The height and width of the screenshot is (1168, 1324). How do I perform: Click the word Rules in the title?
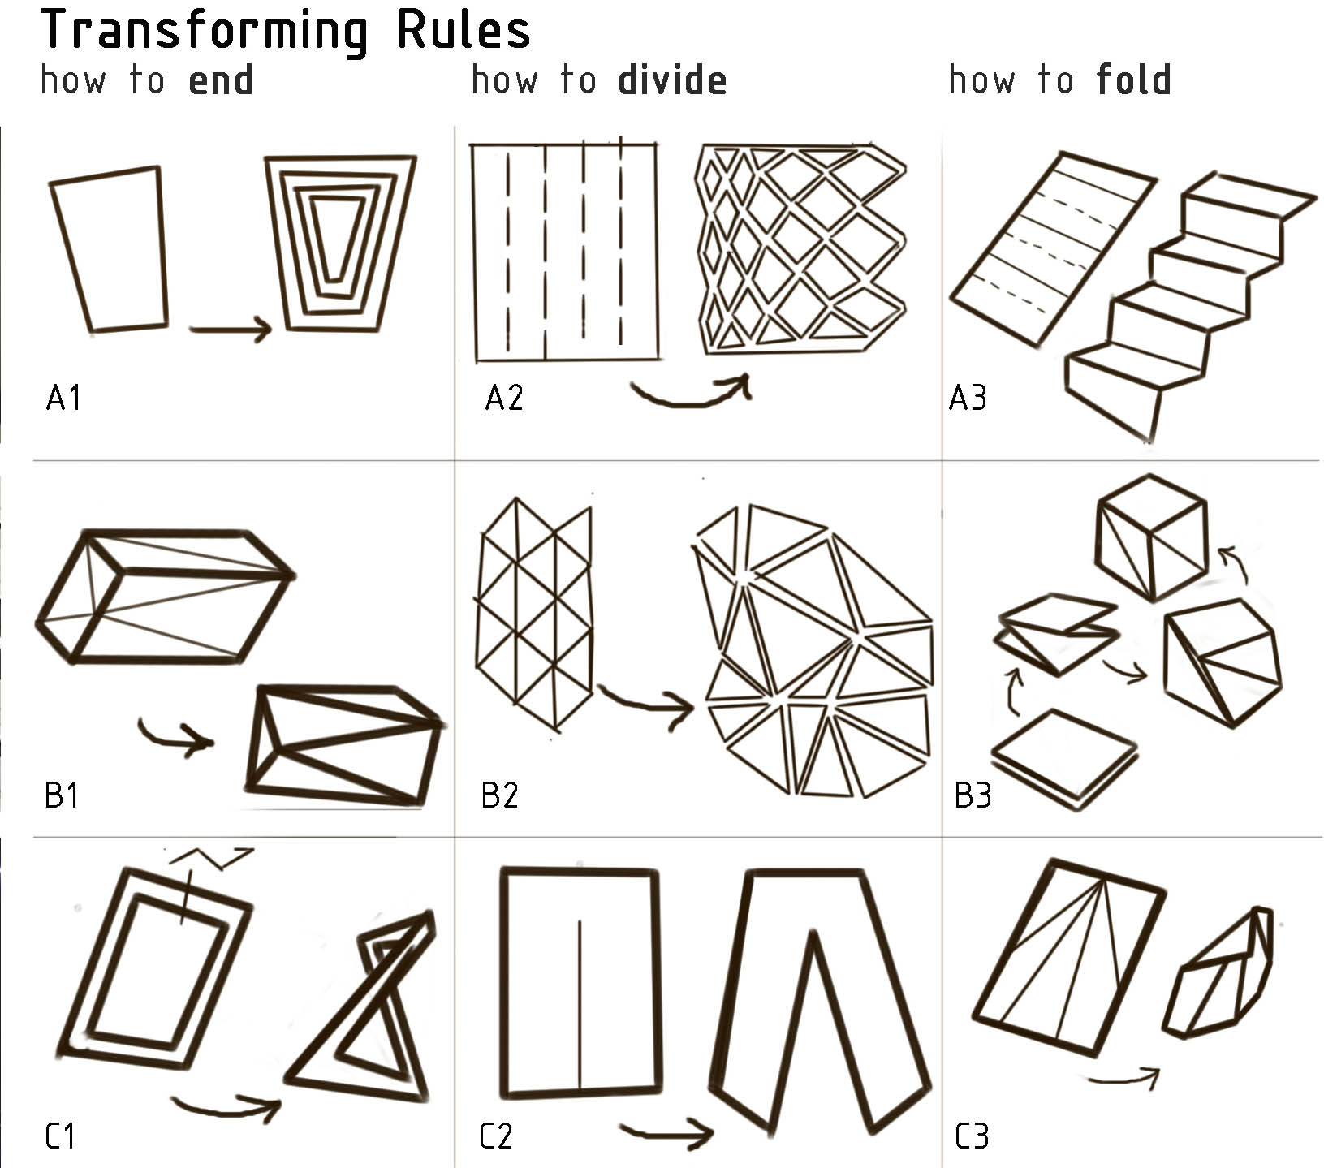tap(463, 30)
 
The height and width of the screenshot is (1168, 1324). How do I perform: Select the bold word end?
tap(221, 80)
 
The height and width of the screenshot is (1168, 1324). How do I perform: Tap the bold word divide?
tap(672, 80)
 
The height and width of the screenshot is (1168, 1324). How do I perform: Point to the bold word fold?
tap(1133, 80)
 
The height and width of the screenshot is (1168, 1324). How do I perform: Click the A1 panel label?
tap(63, 398)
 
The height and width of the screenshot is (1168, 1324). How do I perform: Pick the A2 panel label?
tap(504, 398)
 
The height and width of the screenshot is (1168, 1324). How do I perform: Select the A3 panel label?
tap(968, 398)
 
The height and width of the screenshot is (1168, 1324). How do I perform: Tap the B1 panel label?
tap(62, 795)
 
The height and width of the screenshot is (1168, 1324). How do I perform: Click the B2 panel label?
tap(499, 795)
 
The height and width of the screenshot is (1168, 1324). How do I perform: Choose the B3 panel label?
tap(973, 795)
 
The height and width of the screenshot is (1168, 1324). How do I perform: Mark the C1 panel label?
tap(60, 1136)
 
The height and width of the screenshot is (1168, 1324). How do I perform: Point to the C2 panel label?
tap(496, 1136)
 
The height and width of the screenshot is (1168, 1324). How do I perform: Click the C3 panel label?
tap(972, 1136)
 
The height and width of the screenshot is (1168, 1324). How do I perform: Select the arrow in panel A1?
tap(231, 329)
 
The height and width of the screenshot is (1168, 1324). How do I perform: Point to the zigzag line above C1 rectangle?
tap(211, 857)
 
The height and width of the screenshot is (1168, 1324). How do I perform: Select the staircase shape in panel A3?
tap(1190, 306)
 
